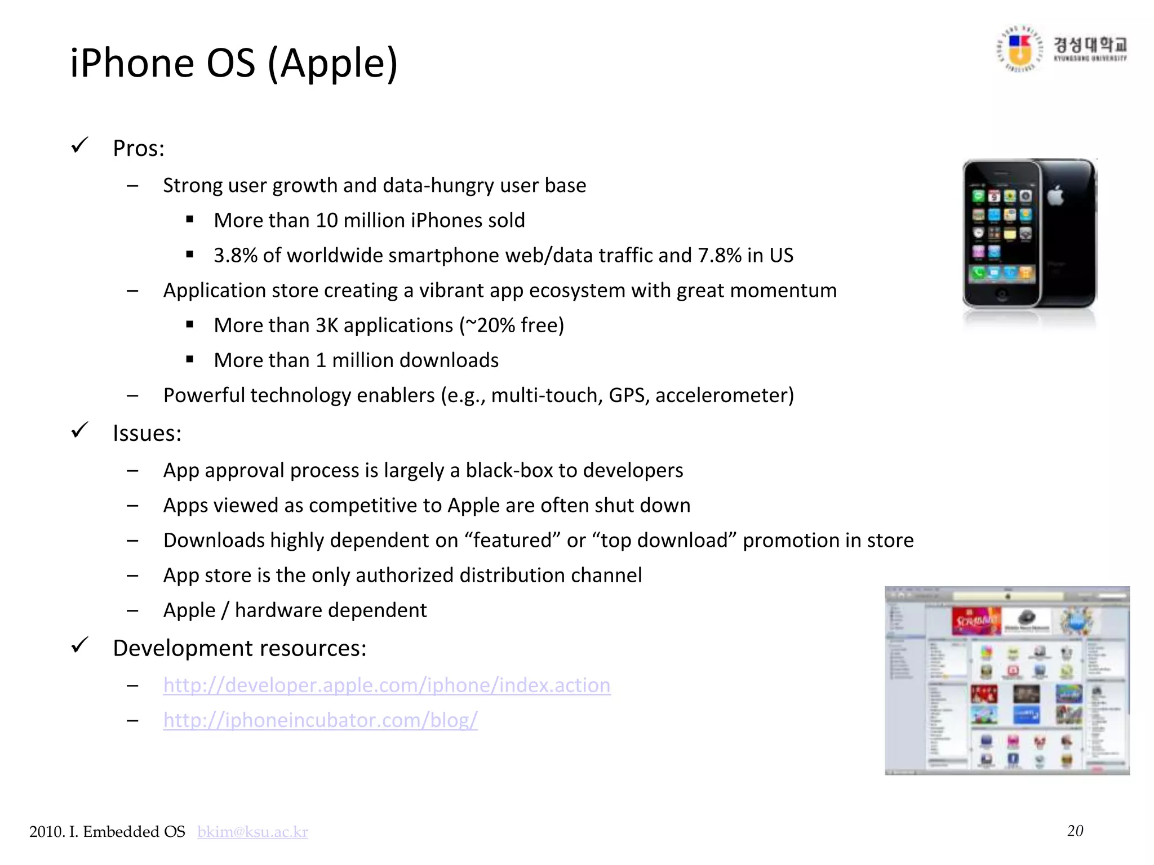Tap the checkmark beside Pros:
click(x=80, y=146)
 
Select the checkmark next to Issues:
click(x=80, y=431)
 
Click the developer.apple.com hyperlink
click(x=387, y=685)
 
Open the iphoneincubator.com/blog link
click(x=320, y=720)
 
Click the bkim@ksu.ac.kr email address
click(x=252, y=832)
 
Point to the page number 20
click(x=1075, y=831)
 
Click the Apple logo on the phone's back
click(x=1055, y=195)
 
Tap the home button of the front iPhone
click(x=1001, y=293)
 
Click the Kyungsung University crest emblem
click(x=1019, y=50)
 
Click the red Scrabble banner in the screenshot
click(x=976, y=621)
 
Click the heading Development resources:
click(x=239, y=648)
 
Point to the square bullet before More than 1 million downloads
click(x=190, y=359)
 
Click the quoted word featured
click(x=512, y=541)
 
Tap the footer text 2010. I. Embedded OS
click(x=107, y=832)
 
